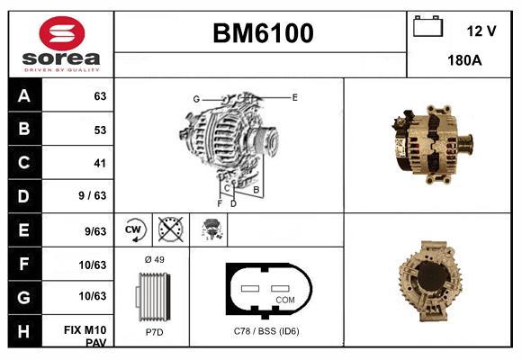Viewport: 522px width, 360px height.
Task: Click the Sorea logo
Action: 60,44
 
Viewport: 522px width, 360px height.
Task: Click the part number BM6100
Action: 263,33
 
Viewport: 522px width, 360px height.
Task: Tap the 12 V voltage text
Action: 481,31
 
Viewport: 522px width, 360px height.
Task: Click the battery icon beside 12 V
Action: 427,28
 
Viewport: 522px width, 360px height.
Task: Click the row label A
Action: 24,96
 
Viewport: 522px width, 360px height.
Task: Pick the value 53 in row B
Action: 99,130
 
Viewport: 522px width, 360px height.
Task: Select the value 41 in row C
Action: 99,164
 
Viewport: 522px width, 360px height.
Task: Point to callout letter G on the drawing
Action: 195,98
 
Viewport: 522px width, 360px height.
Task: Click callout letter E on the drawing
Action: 294,96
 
